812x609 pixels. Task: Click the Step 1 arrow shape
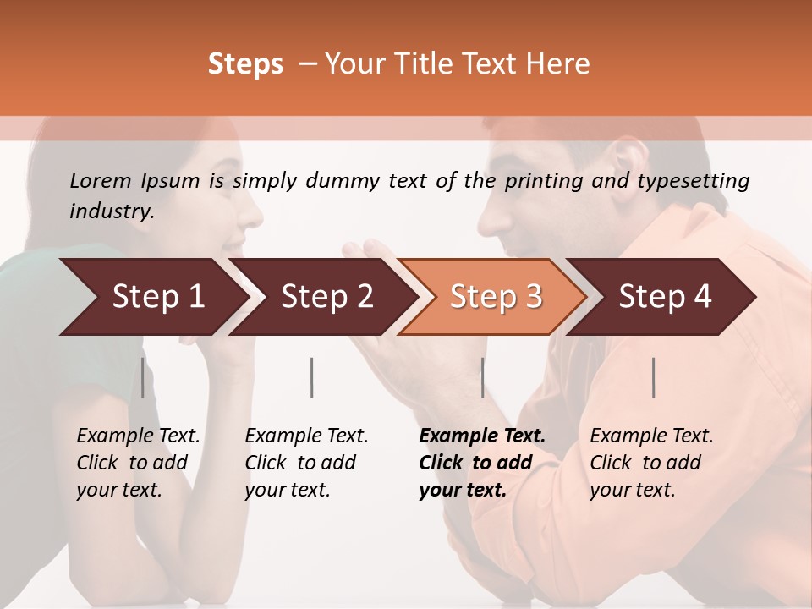pyautogui.click(x=152, y=297)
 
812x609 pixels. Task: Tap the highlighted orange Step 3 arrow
pyautogui.click(x=495, y=297)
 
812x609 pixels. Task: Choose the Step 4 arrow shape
pyautogui.click(x=664, y=297)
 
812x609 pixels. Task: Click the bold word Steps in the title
pyautogui.click(x=245, y=64)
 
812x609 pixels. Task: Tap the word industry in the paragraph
pyautogui.click(x=112, y=211)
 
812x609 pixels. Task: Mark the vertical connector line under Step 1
pyautogui.click(x=142, y=377)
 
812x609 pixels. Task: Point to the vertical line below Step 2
pyautogui.click(x=312, y=377)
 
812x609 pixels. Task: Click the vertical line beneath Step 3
pyautogui.click(x=482, y=377)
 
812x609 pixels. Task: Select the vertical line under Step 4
pyautogui.click(x=654, y=377)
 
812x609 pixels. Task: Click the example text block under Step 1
pyautogui.click(x=138, y=463)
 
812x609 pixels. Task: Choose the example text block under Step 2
pyautogui.click(x=306, y=463)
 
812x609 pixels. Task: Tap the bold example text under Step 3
pyautogui.click(x=481, y=463)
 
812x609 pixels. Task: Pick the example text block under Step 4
pyautogui.click(x=651, y=463)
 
